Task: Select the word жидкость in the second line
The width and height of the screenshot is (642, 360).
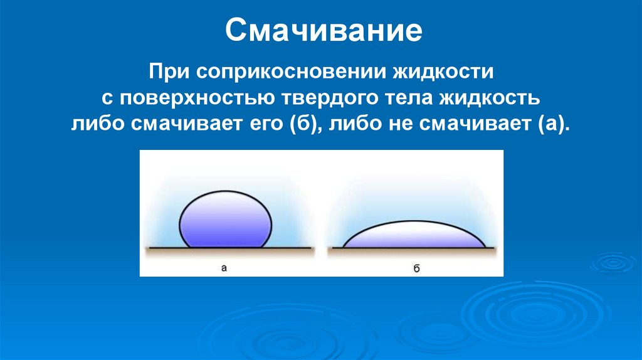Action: click(495, 97)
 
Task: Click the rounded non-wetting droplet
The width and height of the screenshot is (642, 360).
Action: click(226, 221)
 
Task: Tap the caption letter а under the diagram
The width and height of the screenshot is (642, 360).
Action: click(224, 268)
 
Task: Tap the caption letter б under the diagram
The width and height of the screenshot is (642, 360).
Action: click(415, 268)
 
